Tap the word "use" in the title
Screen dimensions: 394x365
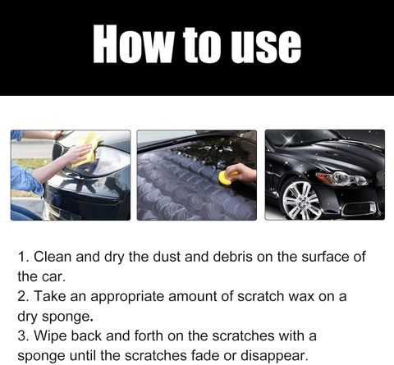point(265,47)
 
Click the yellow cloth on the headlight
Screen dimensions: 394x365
point(87,149)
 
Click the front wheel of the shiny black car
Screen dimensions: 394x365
point(301,199)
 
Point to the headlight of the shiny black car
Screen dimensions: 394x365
point(342,178)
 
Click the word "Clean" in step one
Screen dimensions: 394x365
point(53,257)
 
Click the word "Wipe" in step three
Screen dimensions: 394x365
point(50,336)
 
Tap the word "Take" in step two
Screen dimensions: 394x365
point(50,296)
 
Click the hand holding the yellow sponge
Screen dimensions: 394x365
point(243,172)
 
